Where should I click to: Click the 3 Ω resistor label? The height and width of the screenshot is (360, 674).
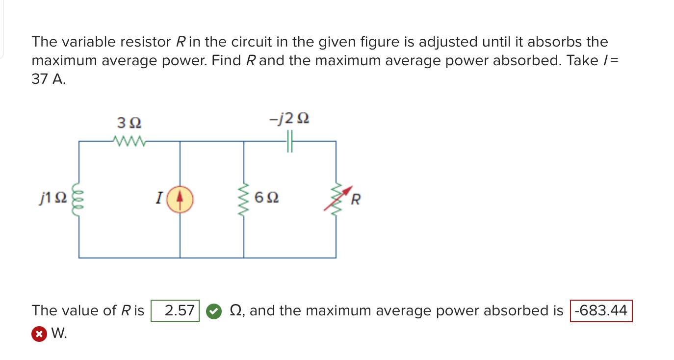[130, 121]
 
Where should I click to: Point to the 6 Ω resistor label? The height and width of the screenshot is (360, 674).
[267, 198]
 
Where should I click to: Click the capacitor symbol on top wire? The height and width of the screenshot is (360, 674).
[289, 142]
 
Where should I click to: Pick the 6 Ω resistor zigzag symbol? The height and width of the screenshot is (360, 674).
[244, 198]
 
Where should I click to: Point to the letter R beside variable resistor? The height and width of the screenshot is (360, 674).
[357, 200]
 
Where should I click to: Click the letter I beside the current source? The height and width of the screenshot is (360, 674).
[158, 198]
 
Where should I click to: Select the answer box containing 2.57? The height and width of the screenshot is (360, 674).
[176, 310]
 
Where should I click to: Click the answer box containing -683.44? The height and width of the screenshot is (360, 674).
[601, 310]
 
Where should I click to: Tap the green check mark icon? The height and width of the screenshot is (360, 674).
[213, 311]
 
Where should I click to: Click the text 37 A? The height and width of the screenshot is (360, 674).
[48, 79]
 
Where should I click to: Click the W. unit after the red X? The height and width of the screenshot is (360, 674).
[59, 334]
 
